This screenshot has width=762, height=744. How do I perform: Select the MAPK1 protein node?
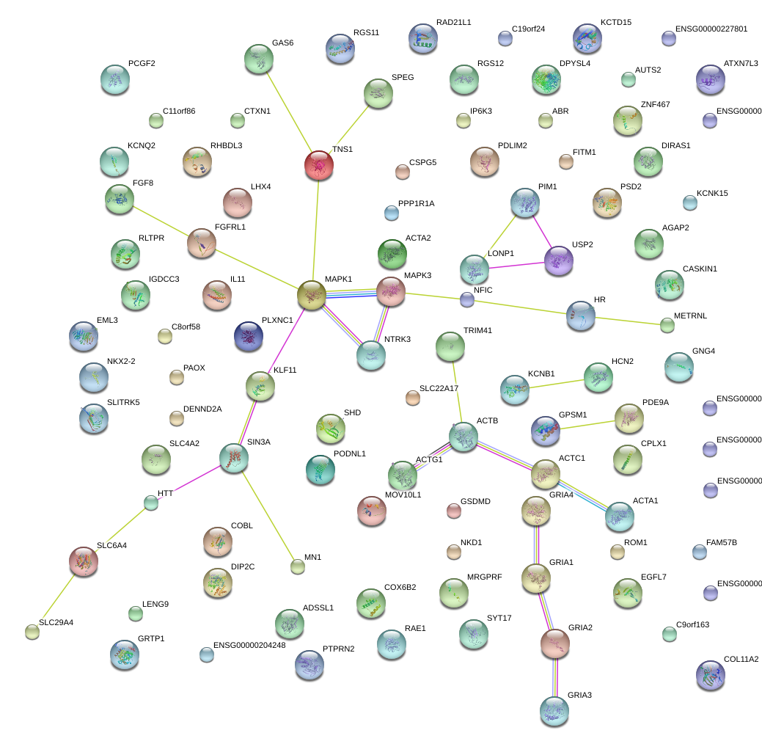[x=312, y=294]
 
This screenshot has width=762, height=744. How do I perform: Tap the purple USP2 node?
[x=559, y=260]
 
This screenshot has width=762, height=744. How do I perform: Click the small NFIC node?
[x=467, y=299]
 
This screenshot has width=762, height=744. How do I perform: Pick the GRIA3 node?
[x=554, y=710]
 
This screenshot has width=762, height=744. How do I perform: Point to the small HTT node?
[x=150, y=503]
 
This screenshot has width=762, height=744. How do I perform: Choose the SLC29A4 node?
[x=32, y=631]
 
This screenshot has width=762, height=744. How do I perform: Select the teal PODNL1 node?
[x=319, y=470]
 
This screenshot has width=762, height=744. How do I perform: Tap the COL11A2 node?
[x=709, y=675]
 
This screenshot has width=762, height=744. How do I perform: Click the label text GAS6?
[x=282, y=43]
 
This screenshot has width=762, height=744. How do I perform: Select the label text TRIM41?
[x=477, y=330]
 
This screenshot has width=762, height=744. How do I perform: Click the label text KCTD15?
[x=615, y=23]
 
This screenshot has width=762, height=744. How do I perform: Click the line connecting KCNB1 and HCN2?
[x=556, y=383]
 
